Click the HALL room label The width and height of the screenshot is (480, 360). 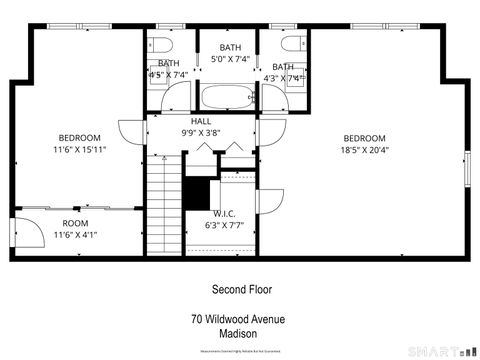click(x=201, y=121)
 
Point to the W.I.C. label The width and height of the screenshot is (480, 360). click(x=224, y=213)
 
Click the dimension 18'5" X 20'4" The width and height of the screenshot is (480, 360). click(x=364, y=151)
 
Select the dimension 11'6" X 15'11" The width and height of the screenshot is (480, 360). click(x=79, y=150)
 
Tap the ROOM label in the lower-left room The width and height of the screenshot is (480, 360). click(x=76, y=223)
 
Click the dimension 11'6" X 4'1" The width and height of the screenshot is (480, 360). click(x=76, y=235)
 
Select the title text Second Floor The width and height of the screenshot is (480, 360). click(x=241, y=289)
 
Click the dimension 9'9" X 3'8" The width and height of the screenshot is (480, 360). click(x=201, y=133)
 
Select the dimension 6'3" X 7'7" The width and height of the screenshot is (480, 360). click(x=224, y=225)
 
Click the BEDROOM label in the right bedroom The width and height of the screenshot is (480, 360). click(x=364, y=138)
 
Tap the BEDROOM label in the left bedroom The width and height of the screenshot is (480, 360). click(x=79, y=138)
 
